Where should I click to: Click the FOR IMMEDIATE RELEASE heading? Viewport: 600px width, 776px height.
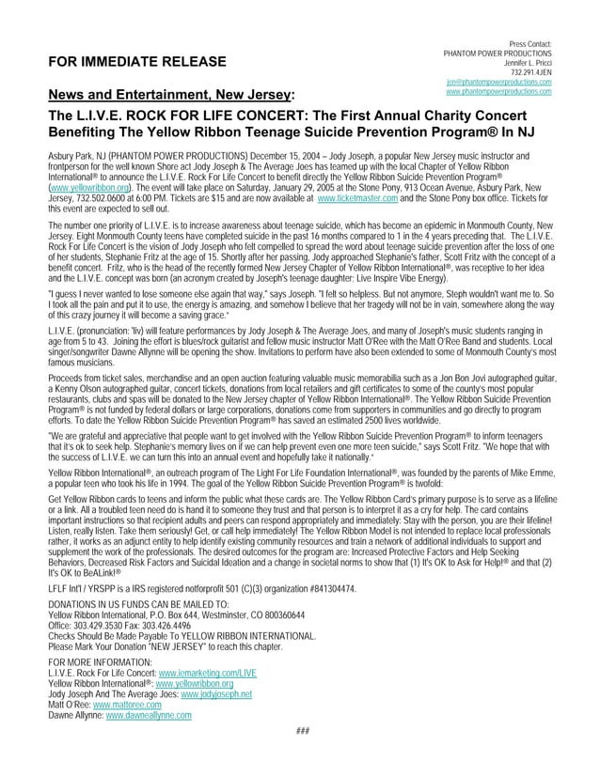124,63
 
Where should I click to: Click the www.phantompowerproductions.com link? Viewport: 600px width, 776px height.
497,91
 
